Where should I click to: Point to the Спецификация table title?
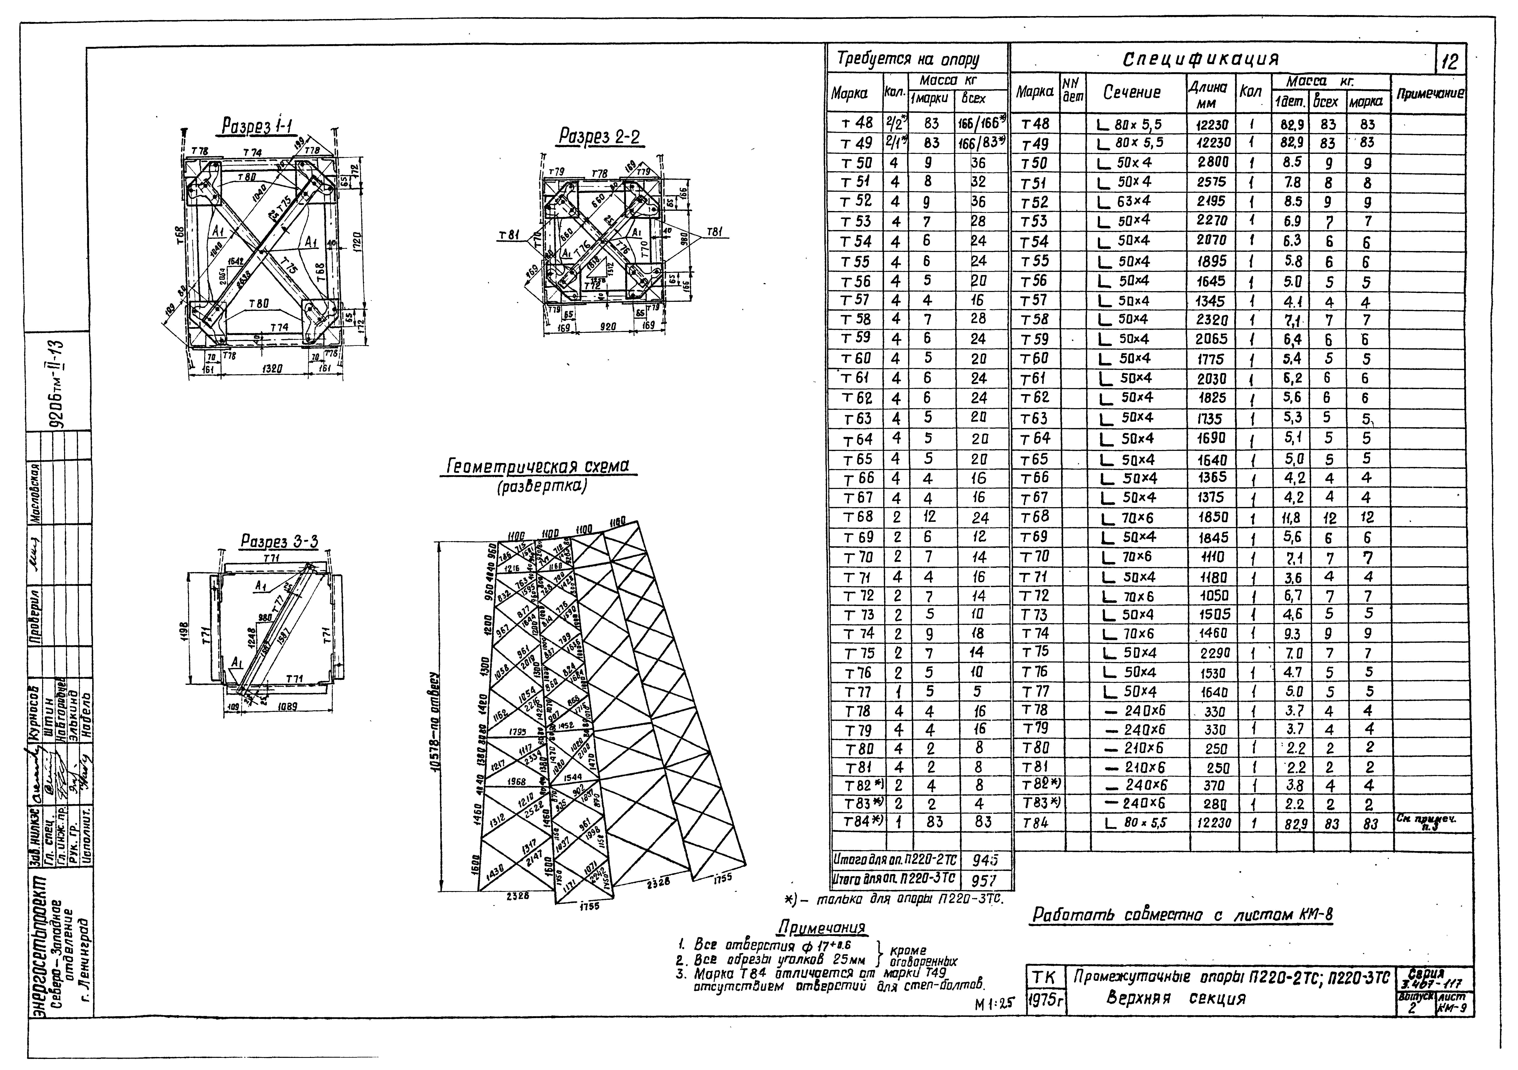coord(1201,59)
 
